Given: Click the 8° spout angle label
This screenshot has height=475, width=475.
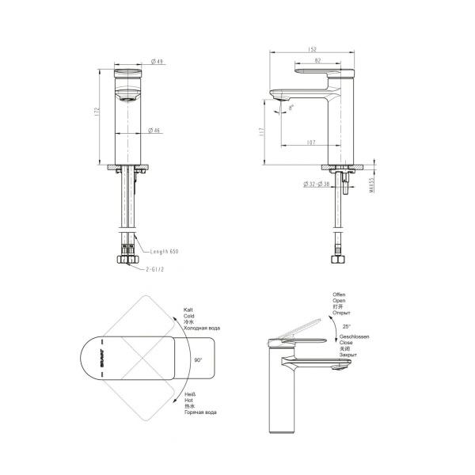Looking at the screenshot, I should [x=291, y=108].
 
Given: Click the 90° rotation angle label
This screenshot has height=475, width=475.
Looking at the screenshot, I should [x=197, y=359].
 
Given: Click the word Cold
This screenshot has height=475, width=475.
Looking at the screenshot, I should [x=191, y=314].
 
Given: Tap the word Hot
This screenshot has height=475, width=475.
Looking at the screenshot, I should [x=189, y=400].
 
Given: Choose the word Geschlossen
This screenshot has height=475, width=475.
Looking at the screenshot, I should [x=348, y=336].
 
